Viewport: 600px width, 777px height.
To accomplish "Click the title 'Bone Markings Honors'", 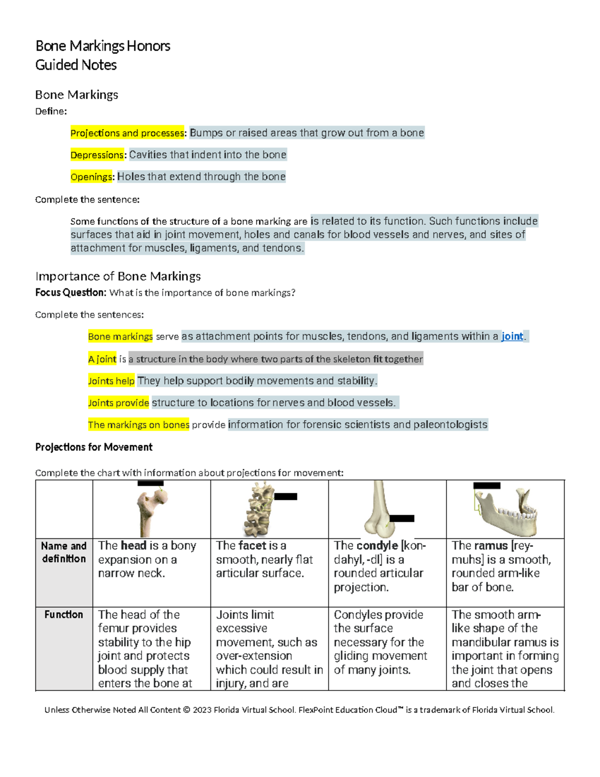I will [102, 46].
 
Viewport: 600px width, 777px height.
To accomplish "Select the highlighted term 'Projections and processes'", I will [127, 133].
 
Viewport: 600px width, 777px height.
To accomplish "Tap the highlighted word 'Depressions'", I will [97, 155].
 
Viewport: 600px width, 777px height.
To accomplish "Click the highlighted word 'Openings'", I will [91, 177].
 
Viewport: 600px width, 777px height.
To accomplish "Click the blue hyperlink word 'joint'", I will [512, 337].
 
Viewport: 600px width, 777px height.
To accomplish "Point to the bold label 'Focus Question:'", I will [70, 293].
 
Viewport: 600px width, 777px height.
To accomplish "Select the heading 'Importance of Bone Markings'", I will [118, 276].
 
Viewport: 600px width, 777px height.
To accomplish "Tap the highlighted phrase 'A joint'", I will [102, 359].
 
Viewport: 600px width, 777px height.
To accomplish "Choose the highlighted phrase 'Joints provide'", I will [118, 403].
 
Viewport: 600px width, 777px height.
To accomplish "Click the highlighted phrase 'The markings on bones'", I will [138, 425].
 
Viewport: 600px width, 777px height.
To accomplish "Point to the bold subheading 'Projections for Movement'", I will [93, 447].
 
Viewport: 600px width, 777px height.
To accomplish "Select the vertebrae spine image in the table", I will [258, 509].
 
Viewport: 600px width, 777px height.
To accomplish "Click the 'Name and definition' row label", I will [63, 552].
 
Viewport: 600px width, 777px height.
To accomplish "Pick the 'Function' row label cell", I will [63, 614].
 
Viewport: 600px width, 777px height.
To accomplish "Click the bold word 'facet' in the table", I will [252, 546].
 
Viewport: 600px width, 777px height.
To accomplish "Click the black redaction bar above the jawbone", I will [486, 485].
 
